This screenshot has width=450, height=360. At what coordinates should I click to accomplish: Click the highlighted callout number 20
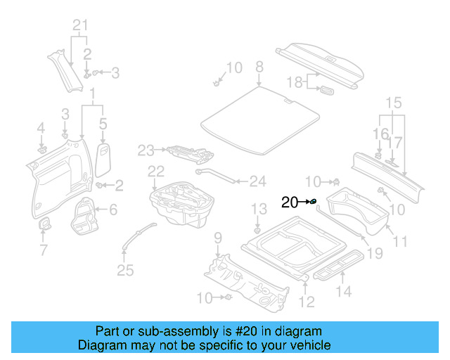coord(289,202)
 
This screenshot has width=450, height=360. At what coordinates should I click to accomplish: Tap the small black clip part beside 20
coord(314,202)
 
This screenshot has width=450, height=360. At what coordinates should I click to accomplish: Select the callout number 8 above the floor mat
coord(259,67)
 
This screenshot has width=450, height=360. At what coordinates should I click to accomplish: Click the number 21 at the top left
coord(82,27)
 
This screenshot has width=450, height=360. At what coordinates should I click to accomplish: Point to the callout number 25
coord(124,271)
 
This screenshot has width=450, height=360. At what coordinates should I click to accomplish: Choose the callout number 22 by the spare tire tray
coord(155,171)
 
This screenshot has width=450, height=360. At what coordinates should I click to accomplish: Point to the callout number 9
coord(218,237)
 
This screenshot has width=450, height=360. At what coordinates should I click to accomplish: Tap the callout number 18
coord(295,82)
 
